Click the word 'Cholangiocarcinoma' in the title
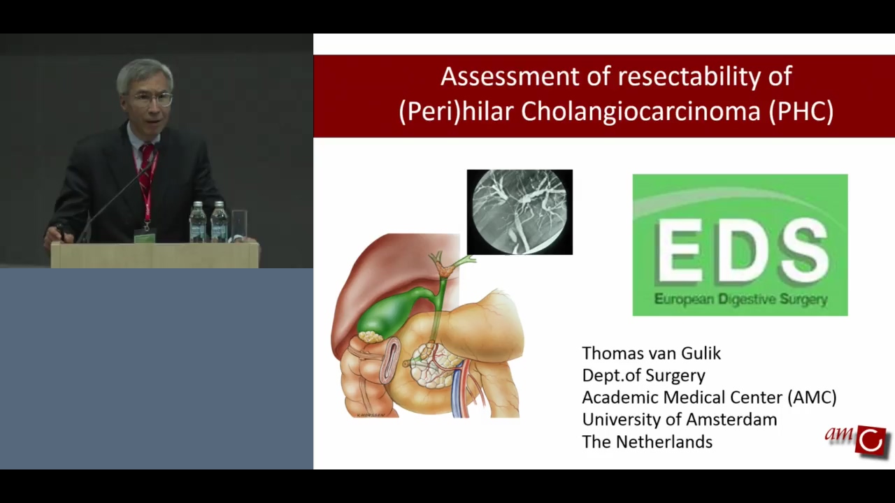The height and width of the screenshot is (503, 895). [x=640, y=111]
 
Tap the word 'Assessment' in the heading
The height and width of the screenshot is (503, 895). [x=510, y=76]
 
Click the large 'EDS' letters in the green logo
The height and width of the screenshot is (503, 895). [x=740, y=251]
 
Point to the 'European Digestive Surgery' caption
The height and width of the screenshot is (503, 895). [x=740, y=300]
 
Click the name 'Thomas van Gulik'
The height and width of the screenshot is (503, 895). [x=651, y=353]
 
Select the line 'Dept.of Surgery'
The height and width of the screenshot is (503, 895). [x=644, y=376]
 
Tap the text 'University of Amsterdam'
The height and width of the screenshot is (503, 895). [x=679, y=420]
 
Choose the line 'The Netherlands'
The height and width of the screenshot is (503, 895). [x=647, y=442]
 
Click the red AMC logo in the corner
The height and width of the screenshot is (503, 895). [x=857, y=441]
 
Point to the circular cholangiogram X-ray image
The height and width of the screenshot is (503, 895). [x=520, y=212]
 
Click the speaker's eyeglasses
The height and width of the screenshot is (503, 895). [x=152, y=99]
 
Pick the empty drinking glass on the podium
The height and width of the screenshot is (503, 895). [x=239, y=226]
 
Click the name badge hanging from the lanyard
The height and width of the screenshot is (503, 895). [x=144, y=237]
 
